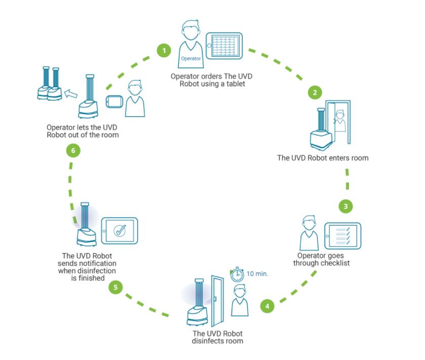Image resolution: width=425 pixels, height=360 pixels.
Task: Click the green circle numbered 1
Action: [x=164, y=51]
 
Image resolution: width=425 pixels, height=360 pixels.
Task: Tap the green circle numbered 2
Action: [x=315, y=92]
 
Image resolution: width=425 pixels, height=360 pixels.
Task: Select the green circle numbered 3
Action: [x=345, y=206]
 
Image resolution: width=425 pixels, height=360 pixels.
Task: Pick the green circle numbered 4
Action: [x=267, y=306]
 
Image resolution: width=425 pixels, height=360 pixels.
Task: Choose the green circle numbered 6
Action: [x=73, y=151]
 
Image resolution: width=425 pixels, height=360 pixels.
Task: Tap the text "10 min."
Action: [x=257, y=274]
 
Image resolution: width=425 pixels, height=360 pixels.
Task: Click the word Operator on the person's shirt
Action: [x=190, y=58]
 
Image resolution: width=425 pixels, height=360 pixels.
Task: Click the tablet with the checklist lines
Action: [x=342, y=236]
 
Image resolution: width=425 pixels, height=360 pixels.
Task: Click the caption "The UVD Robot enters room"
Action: [x=323, y=158]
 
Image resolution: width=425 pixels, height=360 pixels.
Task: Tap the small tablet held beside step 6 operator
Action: [x=114, y=100]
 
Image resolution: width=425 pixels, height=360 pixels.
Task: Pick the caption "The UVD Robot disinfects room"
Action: [x=217, y=337]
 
